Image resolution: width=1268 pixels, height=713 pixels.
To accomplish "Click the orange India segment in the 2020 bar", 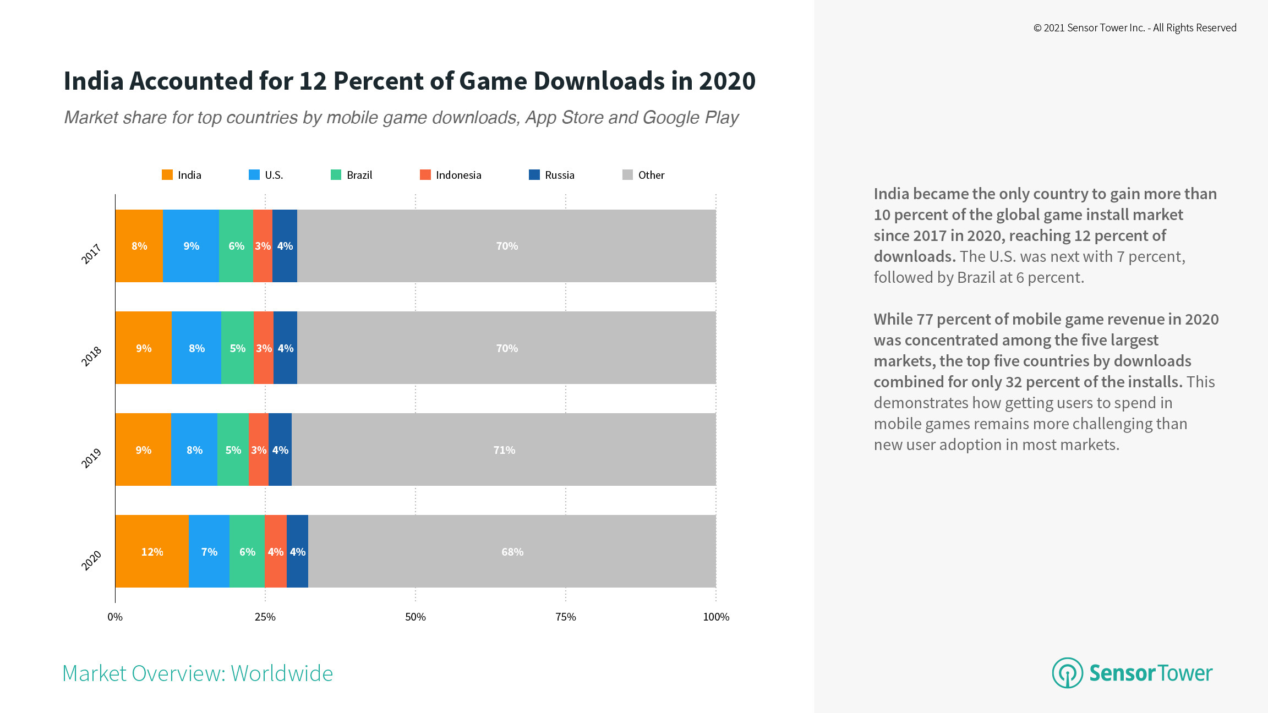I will click(x=152, y=551).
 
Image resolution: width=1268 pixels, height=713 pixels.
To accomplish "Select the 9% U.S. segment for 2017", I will click(x=191, y=246).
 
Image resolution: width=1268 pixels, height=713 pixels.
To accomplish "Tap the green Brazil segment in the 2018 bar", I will click(x=237, y=348).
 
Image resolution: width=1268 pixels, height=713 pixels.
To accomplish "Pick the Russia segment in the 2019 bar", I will click(x=280, y=449).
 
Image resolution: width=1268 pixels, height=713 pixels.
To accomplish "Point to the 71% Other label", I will click(x=504, y=450).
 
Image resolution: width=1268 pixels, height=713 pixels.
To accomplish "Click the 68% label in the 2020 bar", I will click(x=512, y=552).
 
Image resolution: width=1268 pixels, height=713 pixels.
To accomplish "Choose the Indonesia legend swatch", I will click(x=425, y=175).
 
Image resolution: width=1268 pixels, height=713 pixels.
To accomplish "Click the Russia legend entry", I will click(x=559, y=175).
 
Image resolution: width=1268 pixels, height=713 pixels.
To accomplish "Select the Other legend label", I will click(x=651, y=175).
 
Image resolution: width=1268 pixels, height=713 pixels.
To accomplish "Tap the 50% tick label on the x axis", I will click(x=416, y=617).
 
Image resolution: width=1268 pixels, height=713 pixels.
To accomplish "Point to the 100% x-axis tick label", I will click(x=716, y=617).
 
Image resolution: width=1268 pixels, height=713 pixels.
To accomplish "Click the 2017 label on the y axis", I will click(x=91, y=254).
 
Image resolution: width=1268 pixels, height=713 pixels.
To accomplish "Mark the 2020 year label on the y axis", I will click(x=91, y=560).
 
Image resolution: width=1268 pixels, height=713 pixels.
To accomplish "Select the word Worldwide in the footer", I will click(x=282, y=673).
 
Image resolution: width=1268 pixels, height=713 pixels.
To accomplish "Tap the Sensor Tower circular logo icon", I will click(x=1067, y=673).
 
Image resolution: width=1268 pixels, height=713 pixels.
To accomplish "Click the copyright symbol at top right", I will click(x=1037, y=28).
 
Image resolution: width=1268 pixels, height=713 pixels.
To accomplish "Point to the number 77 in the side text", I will click(x=925, y=319).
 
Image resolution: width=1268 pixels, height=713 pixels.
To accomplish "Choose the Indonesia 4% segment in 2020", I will click(x=276, y=551).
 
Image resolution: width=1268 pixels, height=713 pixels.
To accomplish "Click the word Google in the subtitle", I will click(x=671, y=117).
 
